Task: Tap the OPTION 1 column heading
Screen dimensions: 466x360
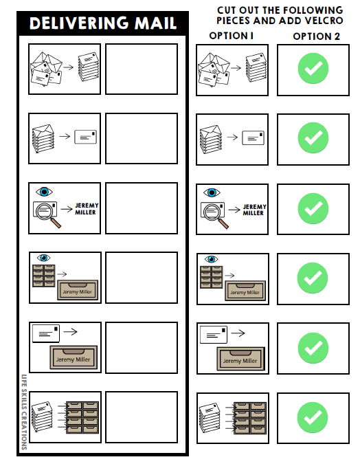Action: point(231,36)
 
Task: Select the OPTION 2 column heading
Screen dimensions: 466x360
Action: point(316,36)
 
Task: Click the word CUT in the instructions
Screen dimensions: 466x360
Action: point(227,10)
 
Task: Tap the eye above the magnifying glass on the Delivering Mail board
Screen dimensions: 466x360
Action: point(45,192)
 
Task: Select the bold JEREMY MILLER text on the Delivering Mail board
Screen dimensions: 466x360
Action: point(86,208)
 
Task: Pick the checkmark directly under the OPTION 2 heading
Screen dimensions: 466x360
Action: point(313,69)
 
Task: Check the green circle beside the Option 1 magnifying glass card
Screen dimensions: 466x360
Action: point(313,208)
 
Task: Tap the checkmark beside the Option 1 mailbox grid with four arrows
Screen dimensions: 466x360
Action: point(313,417)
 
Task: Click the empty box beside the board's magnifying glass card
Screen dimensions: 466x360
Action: point(141,208)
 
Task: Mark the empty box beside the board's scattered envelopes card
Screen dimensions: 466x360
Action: point(141,69)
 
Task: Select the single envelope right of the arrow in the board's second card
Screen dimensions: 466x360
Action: point(85,137)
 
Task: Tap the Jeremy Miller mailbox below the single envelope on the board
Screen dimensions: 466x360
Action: point(73,358)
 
